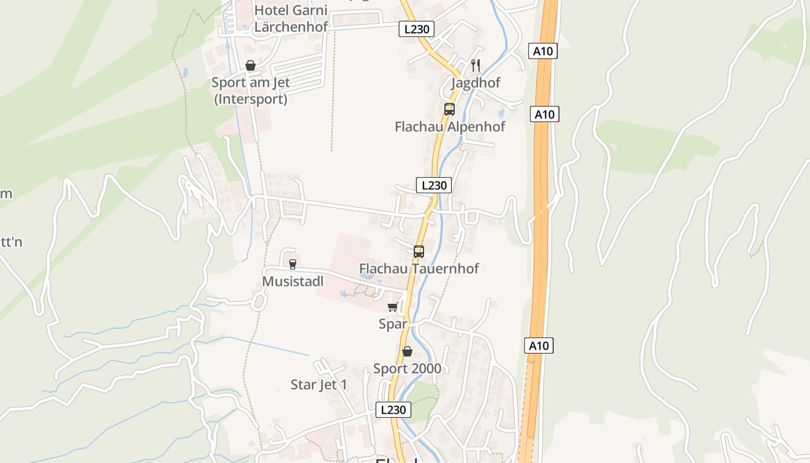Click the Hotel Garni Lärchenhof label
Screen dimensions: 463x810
[291, 19]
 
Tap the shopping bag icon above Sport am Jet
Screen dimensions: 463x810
[251, 65]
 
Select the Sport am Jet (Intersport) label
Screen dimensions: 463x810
[251, 91]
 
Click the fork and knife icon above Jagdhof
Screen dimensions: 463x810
[476, 65]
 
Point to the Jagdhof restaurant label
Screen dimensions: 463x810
[476, 83]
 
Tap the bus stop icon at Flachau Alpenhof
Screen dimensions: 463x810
[450, 109]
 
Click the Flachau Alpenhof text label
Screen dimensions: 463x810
[450, 127]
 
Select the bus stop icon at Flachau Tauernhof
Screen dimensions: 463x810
[419, 252]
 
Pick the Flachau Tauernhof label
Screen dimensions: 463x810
[419, 269]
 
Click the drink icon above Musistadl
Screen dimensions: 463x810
[293, 264]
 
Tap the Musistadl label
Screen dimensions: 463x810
[293, 281]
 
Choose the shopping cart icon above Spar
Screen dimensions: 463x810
[393, 307]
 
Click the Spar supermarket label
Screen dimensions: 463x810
[393, 324]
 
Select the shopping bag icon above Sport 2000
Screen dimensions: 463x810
[407, 351]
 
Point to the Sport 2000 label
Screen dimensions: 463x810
[407, 369]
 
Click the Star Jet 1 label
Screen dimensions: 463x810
[319, 385]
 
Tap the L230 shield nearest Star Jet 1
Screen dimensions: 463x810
[393, 410]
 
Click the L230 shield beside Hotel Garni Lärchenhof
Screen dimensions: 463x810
[417, 29]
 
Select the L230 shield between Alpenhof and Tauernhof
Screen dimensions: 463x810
[434, 185]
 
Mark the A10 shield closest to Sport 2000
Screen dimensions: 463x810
[539, 346]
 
